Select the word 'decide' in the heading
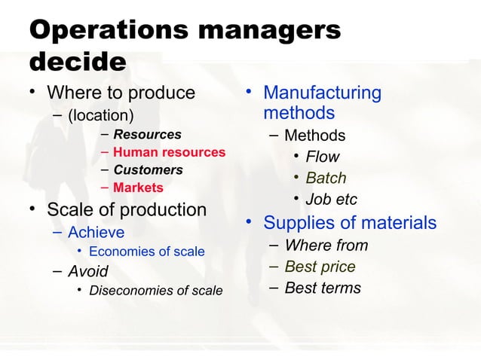tap(77, 63)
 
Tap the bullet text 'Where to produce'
tap(121, 93)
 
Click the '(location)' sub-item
tap(100, 116)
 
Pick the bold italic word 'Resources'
tap(147, 135)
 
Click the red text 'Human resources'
tap(169, 152)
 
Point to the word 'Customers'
tap(148, 169)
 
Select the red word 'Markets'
tap(138, 187)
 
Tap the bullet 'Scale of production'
tap(126, 209)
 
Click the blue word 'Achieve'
tap(96, 232)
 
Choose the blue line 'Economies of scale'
tap(146, 252)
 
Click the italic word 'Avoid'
tap(87, 270)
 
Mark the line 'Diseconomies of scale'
tap(155, 290)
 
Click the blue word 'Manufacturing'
tap(322, 93)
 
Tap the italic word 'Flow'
tap(322, 157)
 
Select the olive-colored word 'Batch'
tap(326, 178)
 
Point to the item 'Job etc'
tap(331, 200)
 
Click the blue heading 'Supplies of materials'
tap(349, 223)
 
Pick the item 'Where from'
tap(326, 246)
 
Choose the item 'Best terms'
tap(323, 288)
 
